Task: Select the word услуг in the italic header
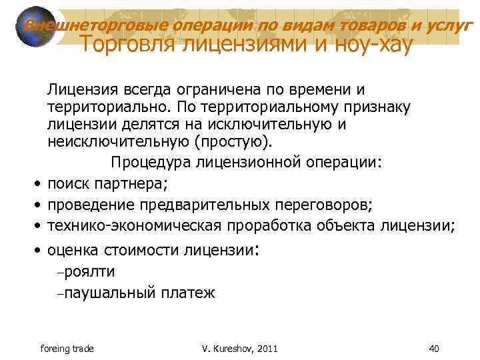[x=445, y=25]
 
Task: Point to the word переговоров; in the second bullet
[x=323, y=204]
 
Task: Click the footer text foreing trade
[x=67, y=348]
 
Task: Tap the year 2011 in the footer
[x=265, y=348]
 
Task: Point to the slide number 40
[x=435, y=348]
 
